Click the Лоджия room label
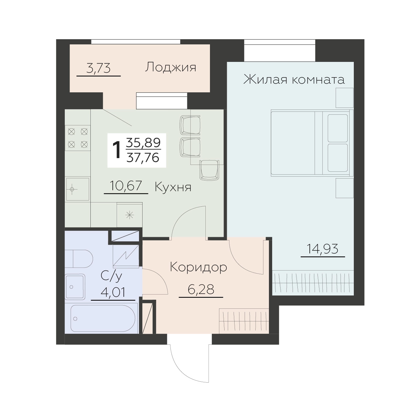click(x=170, y=67)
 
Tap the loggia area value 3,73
click(x=98, y=68)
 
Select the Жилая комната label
click(x=294, y=79)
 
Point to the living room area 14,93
click(x=323, y=249)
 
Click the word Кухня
click(x=173, y=187)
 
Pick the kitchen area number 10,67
click(x=126, y=186)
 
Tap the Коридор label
click(x=198, y=268)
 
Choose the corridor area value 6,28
click(x=201, y=289)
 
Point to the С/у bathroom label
click(x=111, y=276)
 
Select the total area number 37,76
click(x=143, y=158)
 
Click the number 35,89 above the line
click(x=143, y=143)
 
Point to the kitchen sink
click(x=77, y=189)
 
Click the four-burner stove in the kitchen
click(x=78, y=138)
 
